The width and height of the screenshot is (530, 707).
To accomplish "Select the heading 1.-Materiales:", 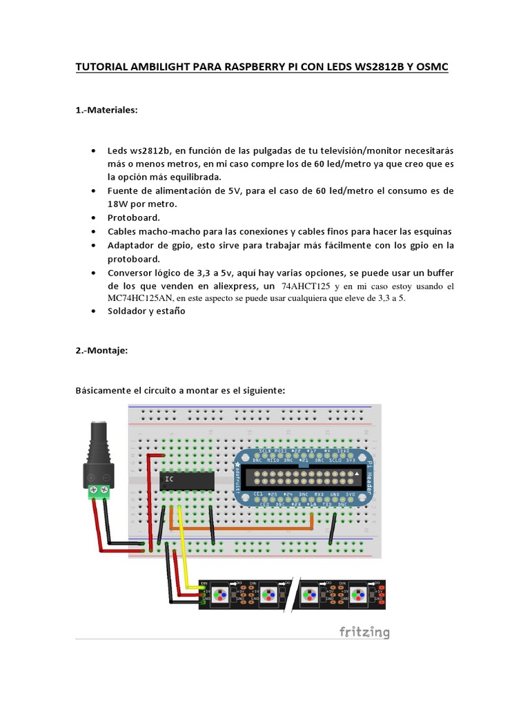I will point(106,110).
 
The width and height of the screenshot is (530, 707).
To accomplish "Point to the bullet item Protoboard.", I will point(133,217).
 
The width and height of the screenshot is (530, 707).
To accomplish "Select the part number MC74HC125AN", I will point(139,298).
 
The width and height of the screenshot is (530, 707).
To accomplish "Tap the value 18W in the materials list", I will point(118,204).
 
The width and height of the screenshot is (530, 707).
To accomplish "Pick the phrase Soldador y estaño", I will point(146,311).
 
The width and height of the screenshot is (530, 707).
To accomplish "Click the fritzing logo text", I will point(364,632).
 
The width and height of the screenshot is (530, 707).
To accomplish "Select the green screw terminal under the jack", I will point(98,492).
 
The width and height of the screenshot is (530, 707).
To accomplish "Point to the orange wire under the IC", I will point(242,530).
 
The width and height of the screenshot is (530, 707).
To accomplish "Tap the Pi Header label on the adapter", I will point(369,476).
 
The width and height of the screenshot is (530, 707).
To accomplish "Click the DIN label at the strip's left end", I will point(204,583).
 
